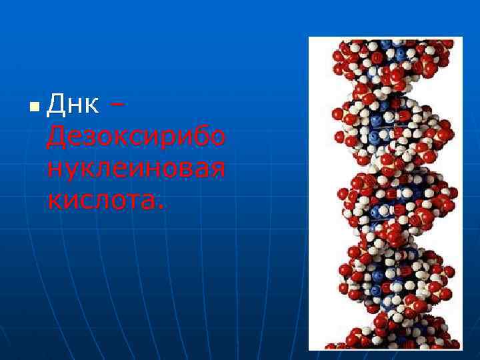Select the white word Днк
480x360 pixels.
75,104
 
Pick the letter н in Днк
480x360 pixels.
75,105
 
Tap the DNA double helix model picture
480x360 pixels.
385,193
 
